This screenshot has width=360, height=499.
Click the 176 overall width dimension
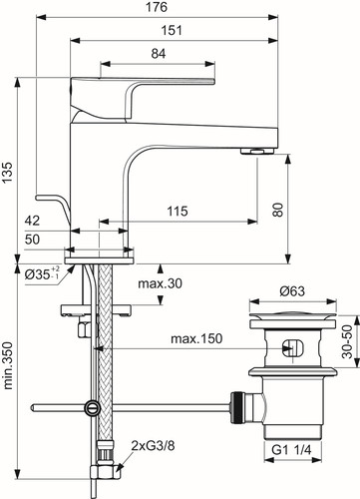point(157,7)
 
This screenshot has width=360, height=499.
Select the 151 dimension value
point(172,31)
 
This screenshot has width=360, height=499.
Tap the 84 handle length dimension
point(159,54)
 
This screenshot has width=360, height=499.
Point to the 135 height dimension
point(7,172)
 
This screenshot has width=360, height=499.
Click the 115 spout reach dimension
point(178,211)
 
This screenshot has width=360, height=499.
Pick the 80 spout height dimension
point(278,210)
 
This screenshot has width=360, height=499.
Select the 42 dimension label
point(32,221)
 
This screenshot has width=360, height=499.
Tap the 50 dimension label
point(32,240)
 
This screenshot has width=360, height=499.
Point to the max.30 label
point(161,283)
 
